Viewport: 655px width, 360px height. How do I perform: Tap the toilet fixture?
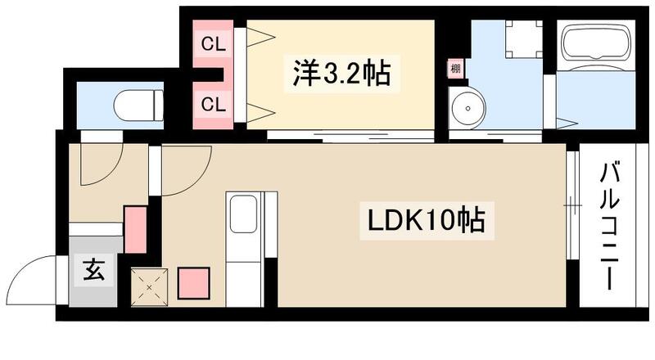click(134, 105)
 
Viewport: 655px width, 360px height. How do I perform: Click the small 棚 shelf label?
click(454, 70)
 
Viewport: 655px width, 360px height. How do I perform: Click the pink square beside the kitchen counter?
click(194, 282)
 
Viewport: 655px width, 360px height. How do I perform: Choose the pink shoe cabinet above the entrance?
click(135, 229)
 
